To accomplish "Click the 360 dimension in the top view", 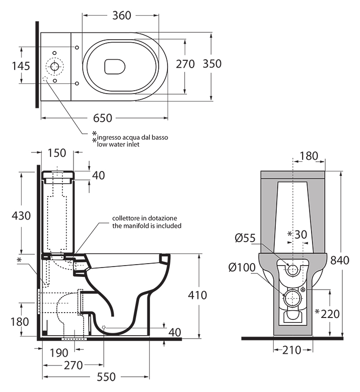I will [121, 15].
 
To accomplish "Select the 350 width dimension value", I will [212, 64].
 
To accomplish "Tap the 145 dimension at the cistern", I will [21, 66].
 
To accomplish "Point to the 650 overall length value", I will [103, 118].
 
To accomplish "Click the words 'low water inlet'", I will [118, 145].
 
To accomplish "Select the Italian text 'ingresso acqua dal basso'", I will [132, 138].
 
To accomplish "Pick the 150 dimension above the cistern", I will [57, 153].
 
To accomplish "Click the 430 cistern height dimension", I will [21, 215].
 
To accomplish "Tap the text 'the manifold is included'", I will [147, 226].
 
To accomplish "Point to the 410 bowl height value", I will [197, 295].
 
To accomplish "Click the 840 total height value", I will [339, 260].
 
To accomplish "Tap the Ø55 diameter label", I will [245, 239].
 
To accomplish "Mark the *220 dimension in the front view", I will [328, 313].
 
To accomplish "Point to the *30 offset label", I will [297, 235].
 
